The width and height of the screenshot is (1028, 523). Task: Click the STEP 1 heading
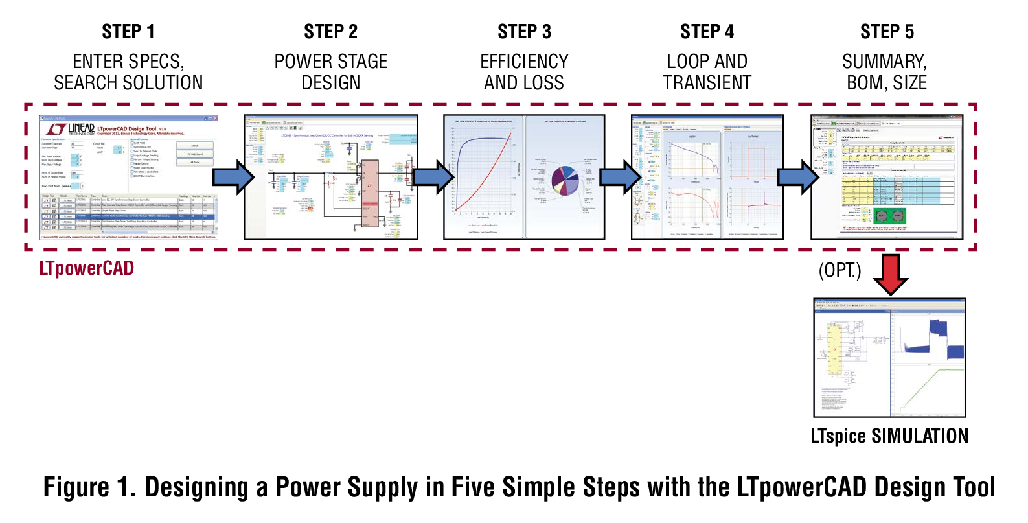click(128, 32)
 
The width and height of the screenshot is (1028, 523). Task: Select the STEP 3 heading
click(524, 32)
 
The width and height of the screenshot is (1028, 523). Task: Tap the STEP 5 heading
click(887, 32)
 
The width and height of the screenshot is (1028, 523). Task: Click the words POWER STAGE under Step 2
click(330, 62)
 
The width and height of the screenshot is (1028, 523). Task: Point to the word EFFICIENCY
click(524, 62)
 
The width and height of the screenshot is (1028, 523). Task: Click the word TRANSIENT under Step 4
click(707, 83)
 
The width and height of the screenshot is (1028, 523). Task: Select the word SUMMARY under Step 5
click(884, 62)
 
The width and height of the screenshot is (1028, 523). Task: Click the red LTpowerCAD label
click(87, 268)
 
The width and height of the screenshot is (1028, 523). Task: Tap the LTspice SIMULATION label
click(889, 436)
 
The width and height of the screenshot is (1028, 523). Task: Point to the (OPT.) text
click(840, 270)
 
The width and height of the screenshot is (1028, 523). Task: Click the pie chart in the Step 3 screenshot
click(564, 181)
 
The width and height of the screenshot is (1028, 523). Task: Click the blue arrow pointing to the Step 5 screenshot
click(798, 177)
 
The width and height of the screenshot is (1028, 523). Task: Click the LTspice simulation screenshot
click(889, 358)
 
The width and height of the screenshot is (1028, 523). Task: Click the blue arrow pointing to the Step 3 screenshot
click(433, 177)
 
